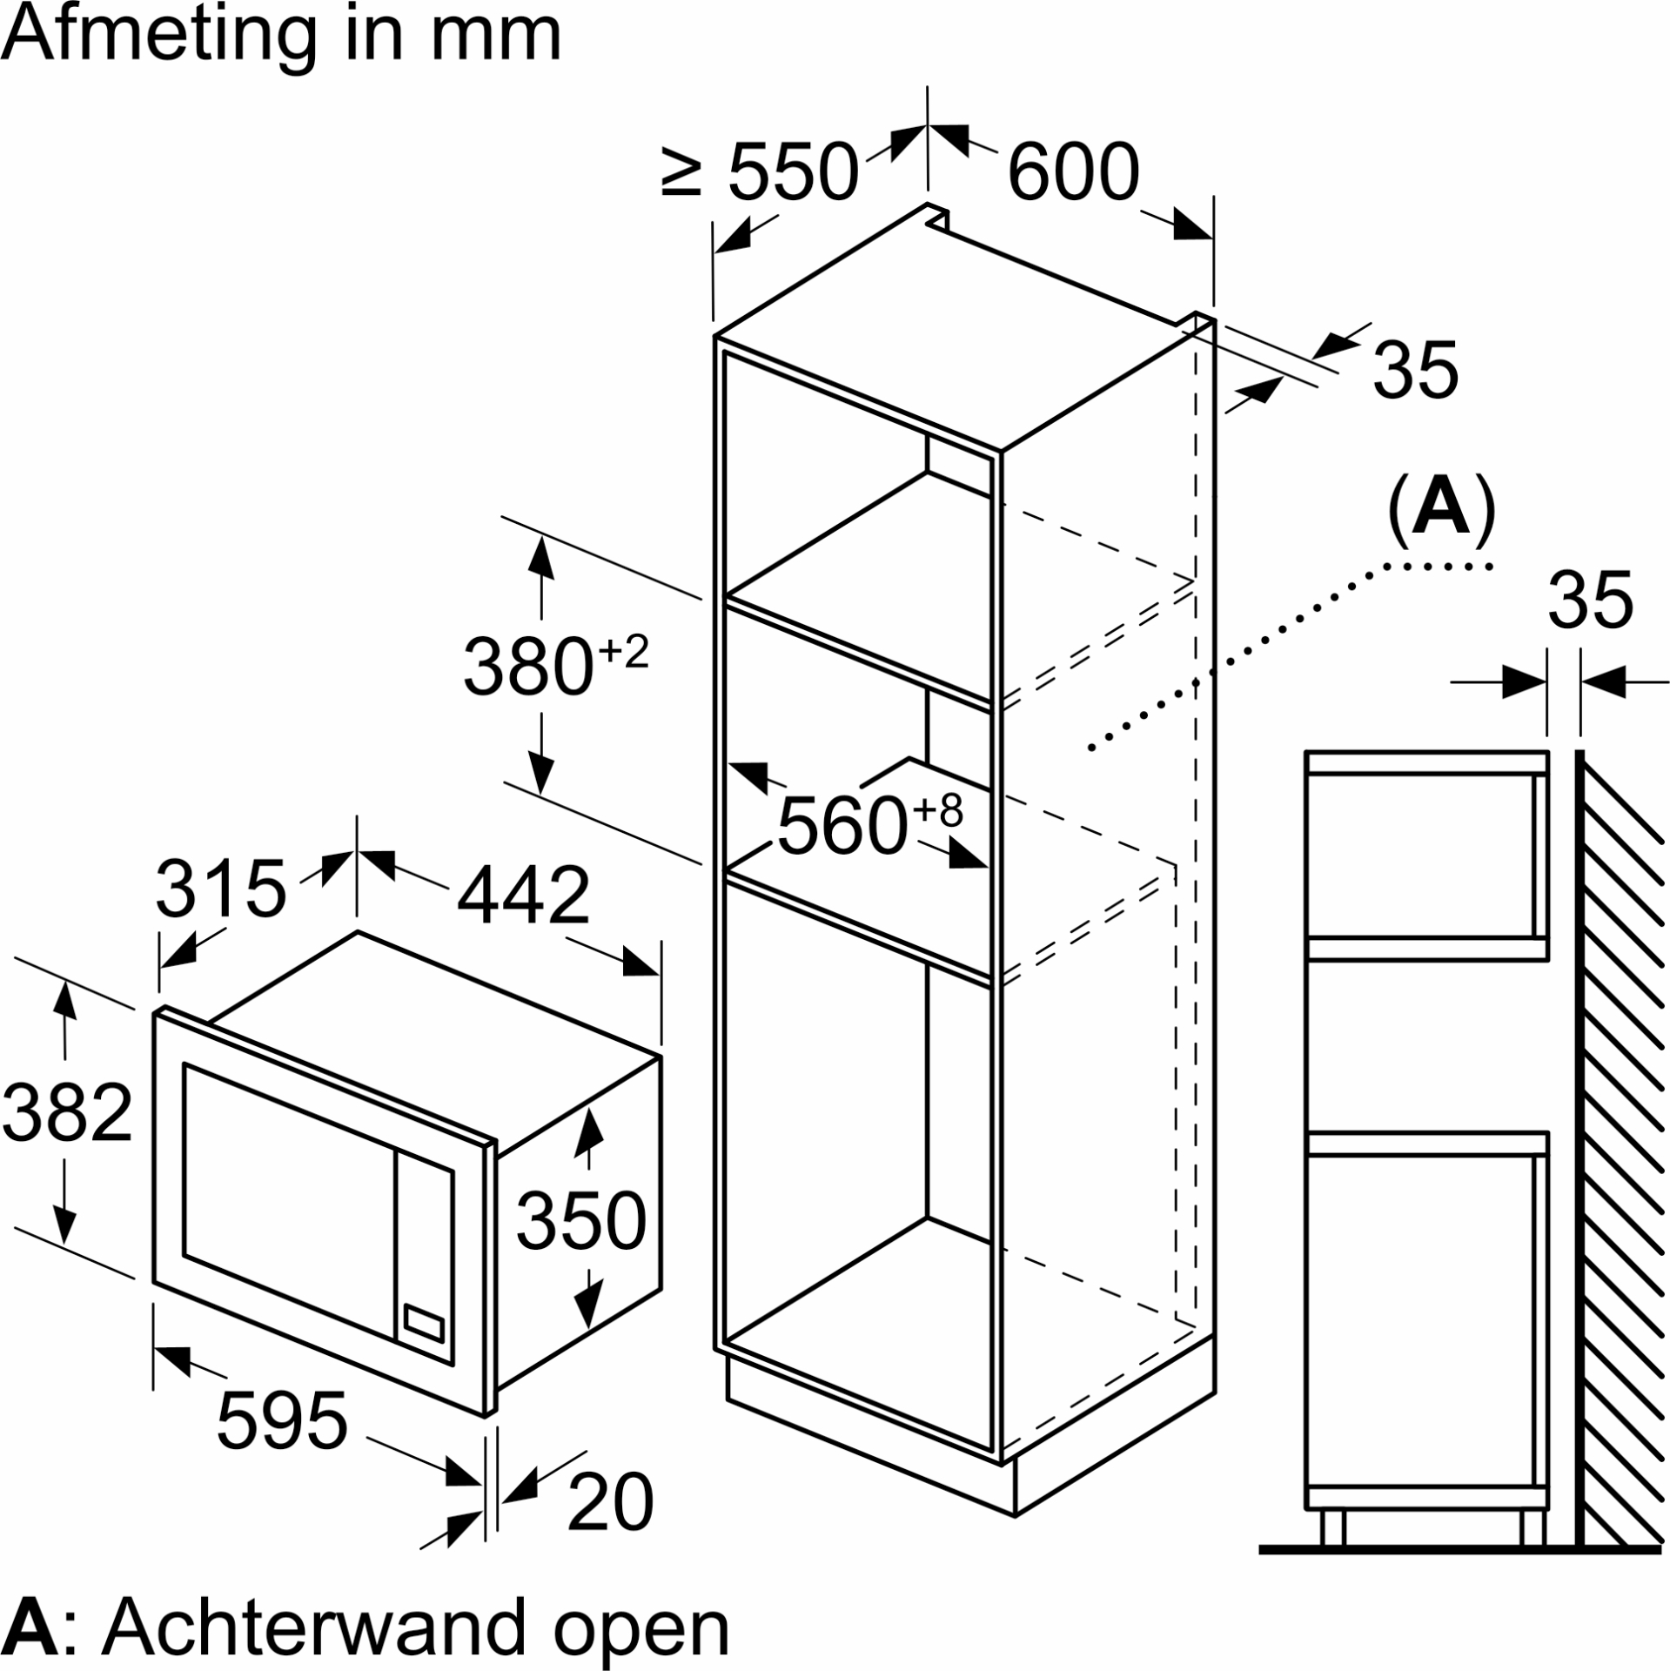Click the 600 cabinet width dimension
click(1072, 172)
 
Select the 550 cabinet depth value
click(792, 172)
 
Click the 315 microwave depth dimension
click(221, 889)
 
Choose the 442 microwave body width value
click(523, 896)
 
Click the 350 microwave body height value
click(580, 1220)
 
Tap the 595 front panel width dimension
click(282, 1421)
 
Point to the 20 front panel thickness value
click(609, 1502)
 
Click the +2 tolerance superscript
click(625, 651)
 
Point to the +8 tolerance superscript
click(938, 809)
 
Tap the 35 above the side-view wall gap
click(1590, 601)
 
